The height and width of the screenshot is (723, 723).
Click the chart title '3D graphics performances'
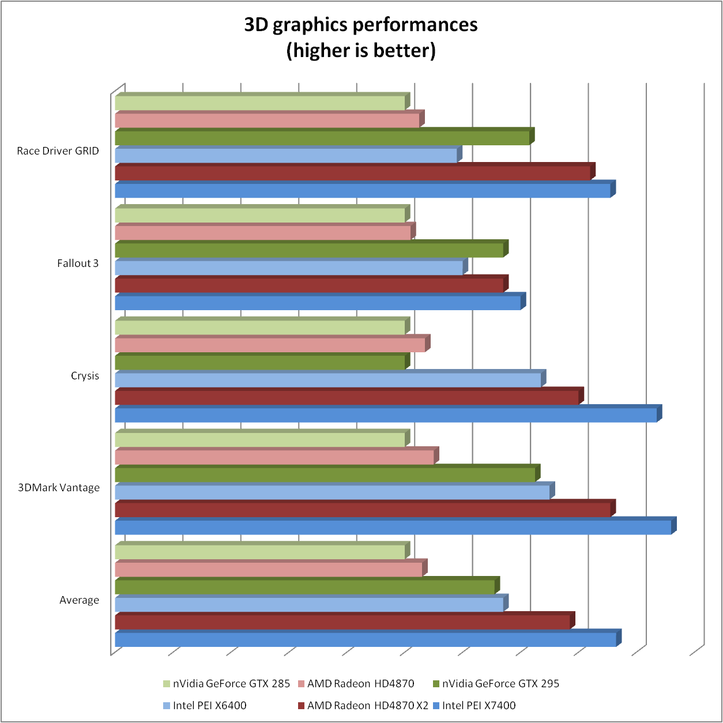coord(361,25)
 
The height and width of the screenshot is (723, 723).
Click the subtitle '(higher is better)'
coord(361,51)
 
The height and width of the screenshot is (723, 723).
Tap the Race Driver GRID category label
coord(58,151)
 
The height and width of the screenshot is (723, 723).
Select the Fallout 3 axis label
coord(78,263)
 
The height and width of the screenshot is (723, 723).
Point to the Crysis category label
coord(85,376)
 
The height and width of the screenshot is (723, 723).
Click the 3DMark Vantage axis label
coord(59,488)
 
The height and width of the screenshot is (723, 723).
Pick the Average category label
coord(79,600)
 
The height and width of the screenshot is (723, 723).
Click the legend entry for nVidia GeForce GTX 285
coord(231,684)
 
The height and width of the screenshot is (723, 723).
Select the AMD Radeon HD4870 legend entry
coord(360,684)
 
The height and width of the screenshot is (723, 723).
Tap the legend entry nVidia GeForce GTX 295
coord(500,684)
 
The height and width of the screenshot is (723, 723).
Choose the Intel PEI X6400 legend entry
coord(209,706)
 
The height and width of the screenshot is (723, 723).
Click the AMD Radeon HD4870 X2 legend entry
coord(367,706)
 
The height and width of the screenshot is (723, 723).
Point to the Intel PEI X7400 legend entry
coord(479,706)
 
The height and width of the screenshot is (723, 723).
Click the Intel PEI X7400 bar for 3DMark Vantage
coord(392,527)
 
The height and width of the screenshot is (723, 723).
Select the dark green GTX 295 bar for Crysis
coord(259,363)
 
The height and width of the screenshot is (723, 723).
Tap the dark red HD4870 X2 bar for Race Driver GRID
coord(352,173)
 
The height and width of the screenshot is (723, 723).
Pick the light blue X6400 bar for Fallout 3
coord(288,268)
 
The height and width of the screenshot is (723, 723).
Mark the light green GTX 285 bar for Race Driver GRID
coord(259,103)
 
